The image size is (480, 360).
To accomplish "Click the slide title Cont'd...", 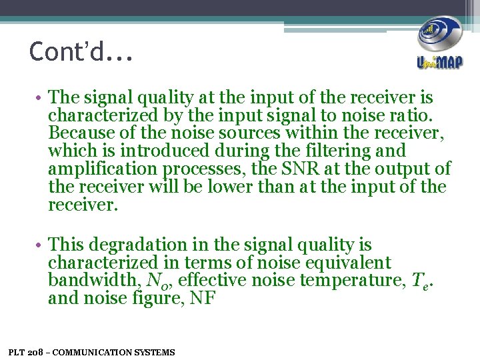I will pyautogui.click(x=81, y=52).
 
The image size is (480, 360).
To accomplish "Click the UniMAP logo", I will pyautogui.click(x=439, y=43).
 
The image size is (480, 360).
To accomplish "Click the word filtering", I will pyautogui.click(x=335, y=151).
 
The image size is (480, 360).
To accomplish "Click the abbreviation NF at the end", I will pyautogui.click(x=202, y=299).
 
